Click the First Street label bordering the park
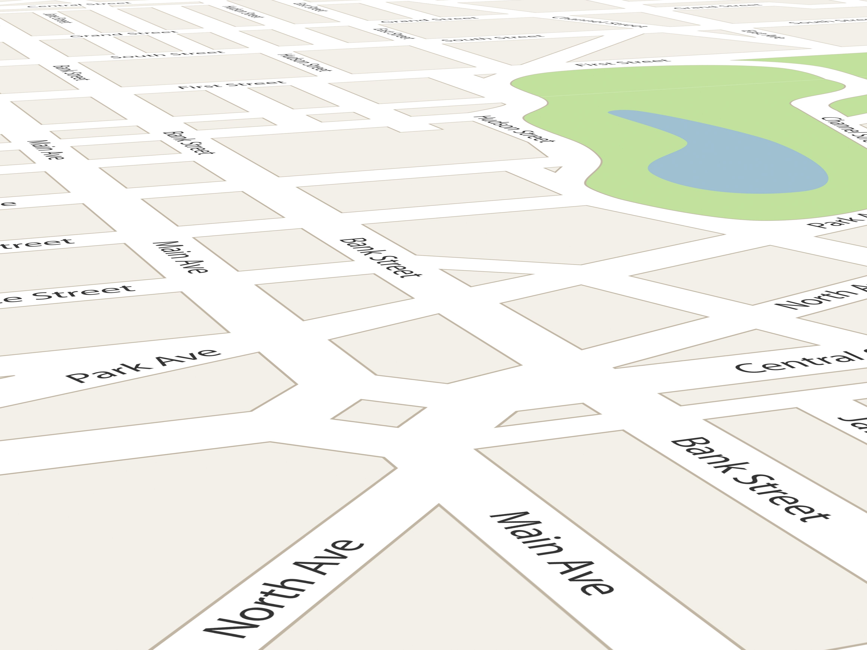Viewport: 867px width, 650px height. [x=623, y=63]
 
